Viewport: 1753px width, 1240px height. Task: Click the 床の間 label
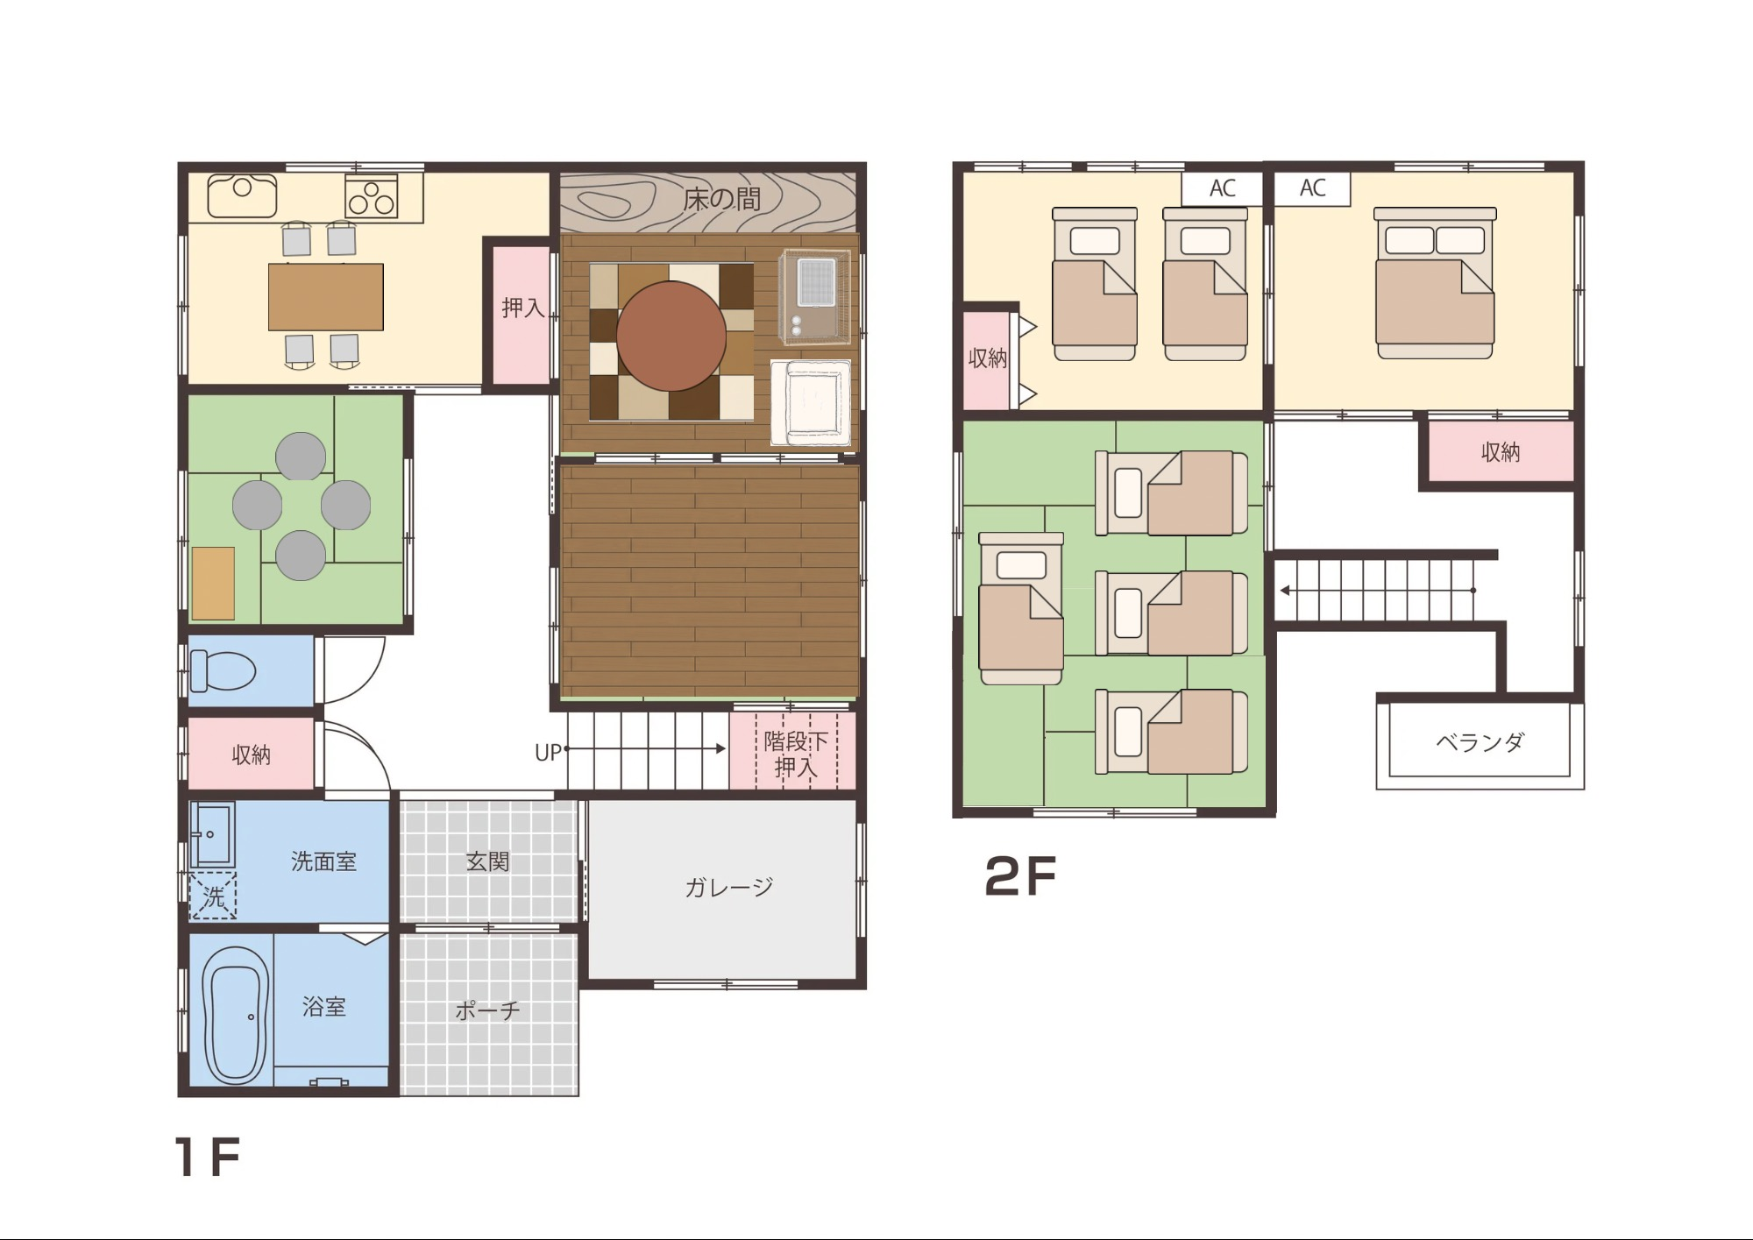tap(721, 199)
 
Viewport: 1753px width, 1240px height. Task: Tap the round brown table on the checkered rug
tap(671, 337)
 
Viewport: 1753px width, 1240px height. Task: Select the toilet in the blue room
tap(223, 671)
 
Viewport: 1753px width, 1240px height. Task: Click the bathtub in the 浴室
tap(236, 1014)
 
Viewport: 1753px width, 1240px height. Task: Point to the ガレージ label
tap(728, 888)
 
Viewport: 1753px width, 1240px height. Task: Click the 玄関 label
tap(487, 861)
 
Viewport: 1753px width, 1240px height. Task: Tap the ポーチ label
tap(487, 1010)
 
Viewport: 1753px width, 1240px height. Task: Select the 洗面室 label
tap(323, 861)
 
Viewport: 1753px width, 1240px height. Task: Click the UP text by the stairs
tap(548, 753)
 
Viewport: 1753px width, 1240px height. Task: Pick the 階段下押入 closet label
tap(795, 755)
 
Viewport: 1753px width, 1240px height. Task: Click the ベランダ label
tap(1480, 742)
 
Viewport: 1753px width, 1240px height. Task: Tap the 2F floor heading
tap(1020, 876)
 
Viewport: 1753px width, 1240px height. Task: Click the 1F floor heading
tap(207, 1156)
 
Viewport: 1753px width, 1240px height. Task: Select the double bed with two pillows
tap(1435, 283)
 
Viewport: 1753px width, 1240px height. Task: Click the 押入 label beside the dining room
tap(522, 308)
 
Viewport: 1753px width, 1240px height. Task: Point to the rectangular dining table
tap(326, 297)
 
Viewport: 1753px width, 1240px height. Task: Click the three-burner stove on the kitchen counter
tap(371, 197)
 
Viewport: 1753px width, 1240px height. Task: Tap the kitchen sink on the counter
tap(242, 195)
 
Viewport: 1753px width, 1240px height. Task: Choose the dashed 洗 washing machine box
tap(213, 895)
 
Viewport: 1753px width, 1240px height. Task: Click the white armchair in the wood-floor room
tap(812, 403)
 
